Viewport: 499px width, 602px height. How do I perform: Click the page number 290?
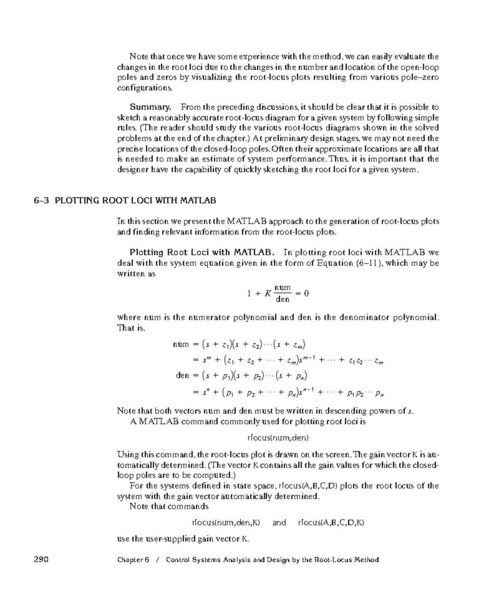(41, 560)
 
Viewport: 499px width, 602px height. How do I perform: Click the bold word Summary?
(150, 107)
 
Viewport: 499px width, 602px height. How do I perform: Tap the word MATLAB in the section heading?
(198, 201)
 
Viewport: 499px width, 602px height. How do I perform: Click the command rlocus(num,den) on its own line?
(278, 438)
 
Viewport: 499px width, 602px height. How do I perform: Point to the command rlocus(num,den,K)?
(226, 523)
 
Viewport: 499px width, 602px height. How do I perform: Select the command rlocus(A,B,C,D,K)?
(331, 523)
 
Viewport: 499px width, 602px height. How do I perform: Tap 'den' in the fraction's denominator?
(282, 299)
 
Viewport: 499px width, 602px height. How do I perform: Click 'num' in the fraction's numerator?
(283, 288)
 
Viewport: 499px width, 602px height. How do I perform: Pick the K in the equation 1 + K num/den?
(268, 294)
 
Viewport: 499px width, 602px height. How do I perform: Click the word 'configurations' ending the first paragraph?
(144, 88)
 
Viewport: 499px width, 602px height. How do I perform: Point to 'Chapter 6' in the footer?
(133, 560)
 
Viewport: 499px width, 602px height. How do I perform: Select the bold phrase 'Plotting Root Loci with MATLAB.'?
(202, 252)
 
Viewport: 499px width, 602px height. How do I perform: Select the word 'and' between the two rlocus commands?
(279, 523)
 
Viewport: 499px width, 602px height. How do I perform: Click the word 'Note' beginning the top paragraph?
(138, 57)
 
